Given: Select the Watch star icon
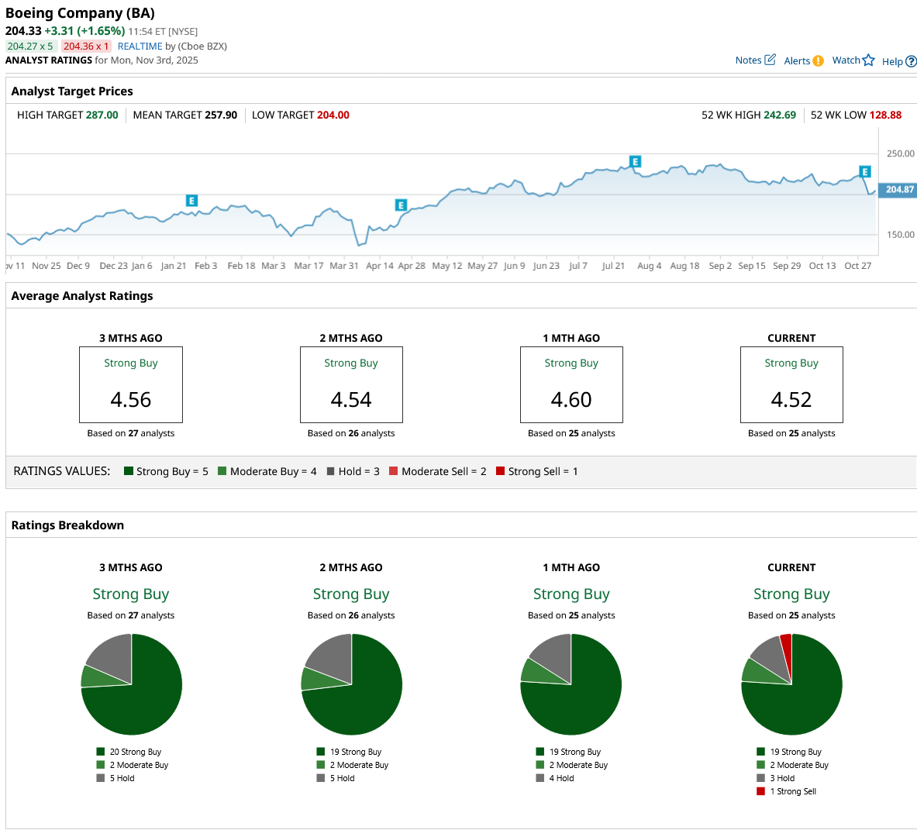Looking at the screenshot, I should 868,60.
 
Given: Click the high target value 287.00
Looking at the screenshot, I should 102,115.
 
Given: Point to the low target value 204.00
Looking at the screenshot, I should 333,115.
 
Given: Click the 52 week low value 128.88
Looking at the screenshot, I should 885,115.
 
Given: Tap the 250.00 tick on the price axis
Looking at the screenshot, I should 900,153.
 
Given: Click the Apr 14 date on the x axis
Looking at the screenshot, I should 380,266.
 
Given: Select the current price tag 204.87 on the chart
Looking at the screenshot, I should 899,189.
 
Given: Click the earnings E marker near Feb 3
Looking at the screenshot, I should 191,201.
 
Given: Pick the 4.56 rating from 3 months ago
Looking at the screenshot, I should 131,400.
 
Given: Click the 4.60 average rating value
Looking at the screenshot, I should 571,400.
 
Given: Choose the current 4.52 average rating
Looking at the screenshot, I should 791,400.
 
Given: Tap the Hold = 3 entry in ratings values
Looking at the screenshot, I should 353,471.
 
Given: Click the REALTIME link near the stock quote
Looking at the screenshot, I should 140,46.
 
